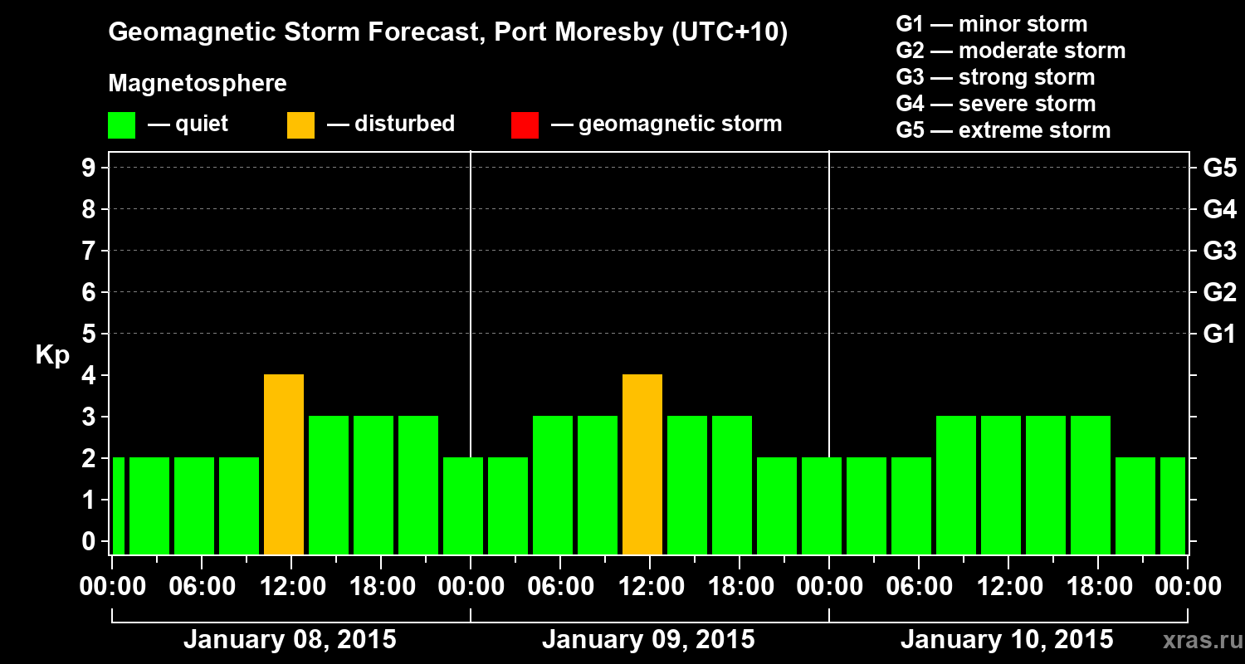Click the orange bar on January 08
[284, 464]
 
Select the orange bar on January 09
[642, 464]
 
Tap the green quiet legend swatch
[121, 125]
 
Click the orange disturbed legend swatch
[300, 125]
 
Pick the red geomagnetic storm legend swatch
[525, 125]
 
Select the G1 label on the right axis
[1219, 334]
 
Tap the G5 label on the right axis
[1219, 168]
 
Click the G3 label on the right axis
[1219, 251]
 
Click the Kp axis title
[52, 355]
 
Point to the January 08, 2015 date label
[290, 640]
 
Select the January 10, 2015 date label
[1007, 640]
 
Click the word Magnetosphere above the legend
[198, 84]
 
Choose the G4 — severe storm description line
[995, 104]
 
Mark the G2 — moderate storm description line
[1010, 51]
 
